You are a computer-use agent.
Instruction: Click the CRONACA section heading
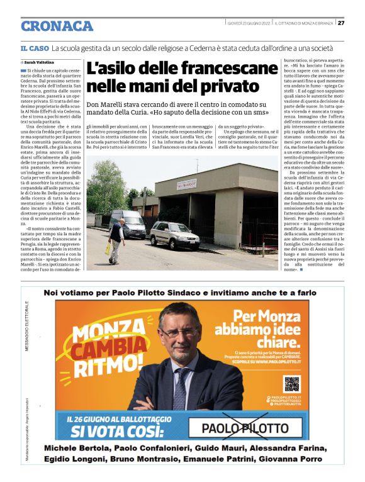(x=57, y=26)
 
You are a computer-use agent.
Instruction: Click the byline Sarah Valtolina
(x=38, y=63)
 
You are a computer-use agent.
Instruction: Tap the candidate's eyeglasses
(x=180, y=332)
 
